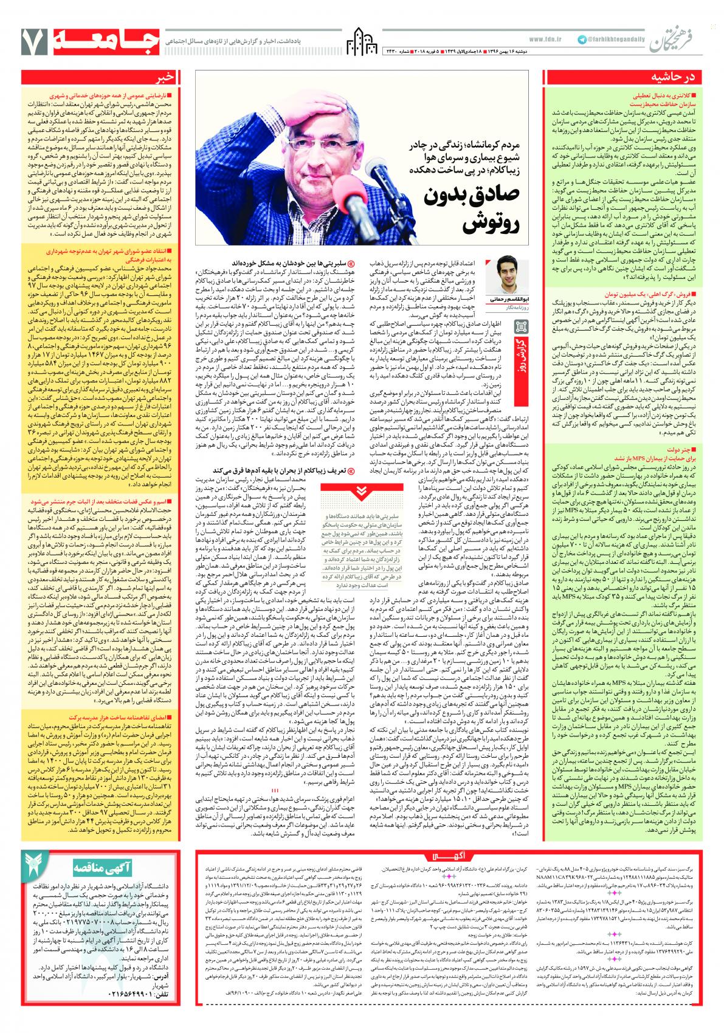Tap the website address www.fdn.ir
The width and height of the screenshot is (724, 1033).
(545, 39)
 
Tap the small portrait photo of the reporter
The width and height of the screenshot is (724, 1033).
(503, 276)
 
